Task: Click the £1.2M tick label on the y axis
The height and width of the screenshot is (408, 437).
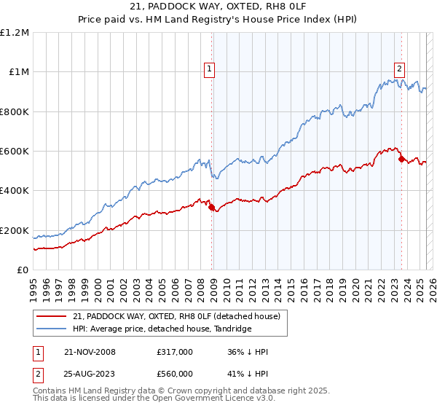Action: pos(15,33)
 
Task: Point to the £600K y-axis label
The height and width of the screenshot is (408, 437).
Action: pos(15,152)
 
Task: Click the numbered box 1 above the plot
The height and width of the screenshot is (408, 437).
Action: pos(209,69)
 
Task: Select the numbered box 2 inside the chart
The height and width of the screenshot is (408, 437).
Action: pos(400,69)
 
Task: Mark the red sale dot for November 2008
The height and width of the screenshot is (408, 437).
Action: pos(212,208)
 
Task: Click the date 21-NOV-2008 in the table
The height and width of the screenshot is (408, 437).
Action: pos(90,352)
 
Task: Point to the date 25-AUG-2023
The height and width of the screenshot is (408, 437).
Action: pos(90,374)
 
